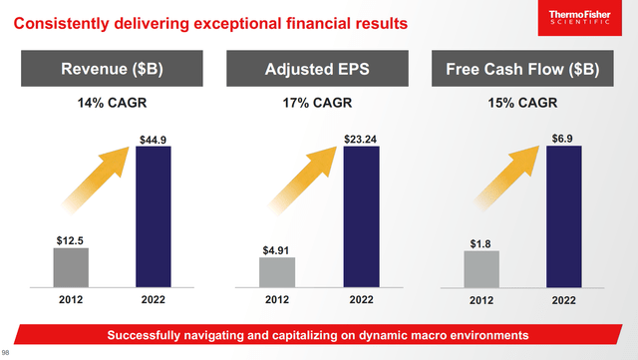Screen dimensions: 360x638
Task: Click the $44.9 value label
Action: (154, 138)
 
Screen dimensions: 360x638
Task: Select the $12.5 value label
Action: (71, 239)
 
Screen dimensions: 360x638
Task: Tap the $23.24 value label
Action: (360, 138)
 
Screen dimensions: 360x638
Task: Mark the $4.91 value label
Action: (277, 250)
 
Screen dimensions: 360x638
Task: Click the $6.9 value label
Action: (565, 138)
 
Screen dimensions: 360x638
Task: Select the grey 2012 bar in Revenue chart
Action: (71, 266)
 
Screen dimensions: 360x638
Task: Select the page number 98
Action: (6, 352)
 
